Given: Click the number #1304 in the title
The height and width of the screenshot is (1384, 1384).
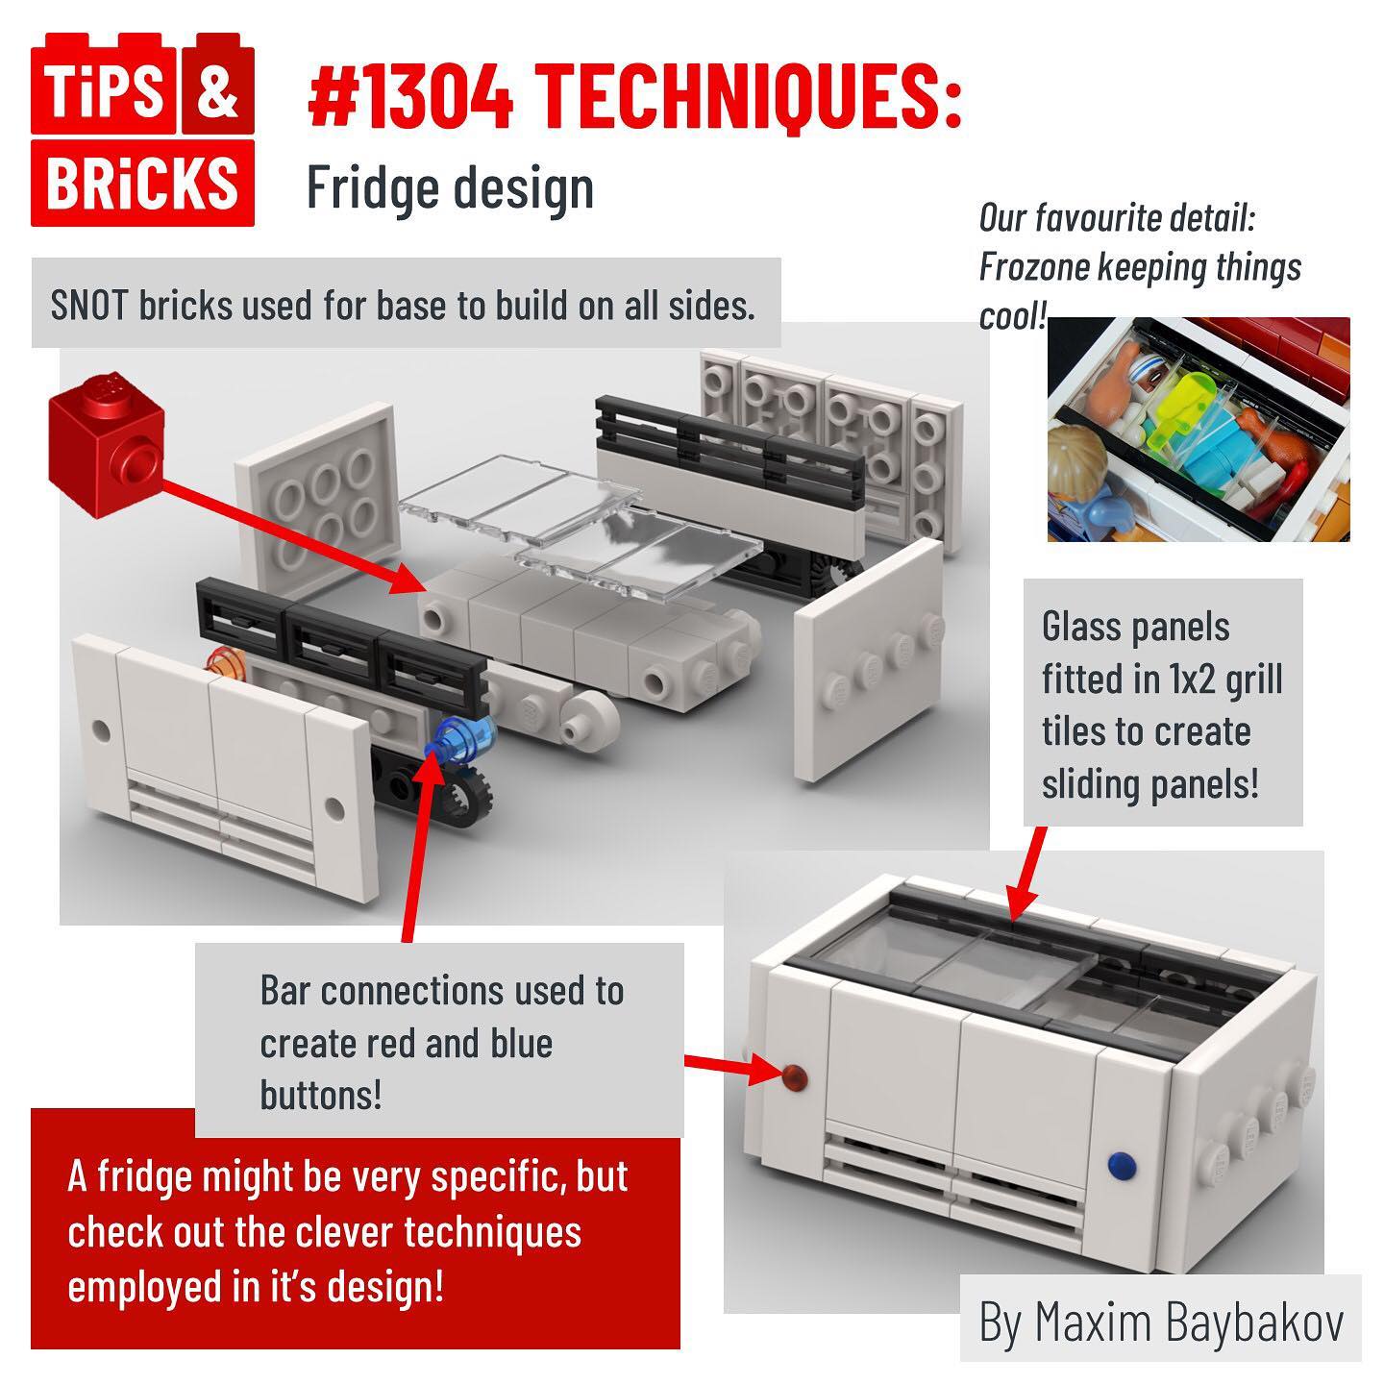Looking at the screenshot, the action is coord(410,96).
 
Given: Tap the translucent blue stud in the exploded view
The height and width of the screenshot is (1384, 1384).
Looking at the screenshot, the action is coord(462,739).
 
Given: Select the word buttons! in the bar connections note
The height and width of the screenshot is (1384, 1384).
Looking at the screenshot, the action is coord(320,1096).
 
